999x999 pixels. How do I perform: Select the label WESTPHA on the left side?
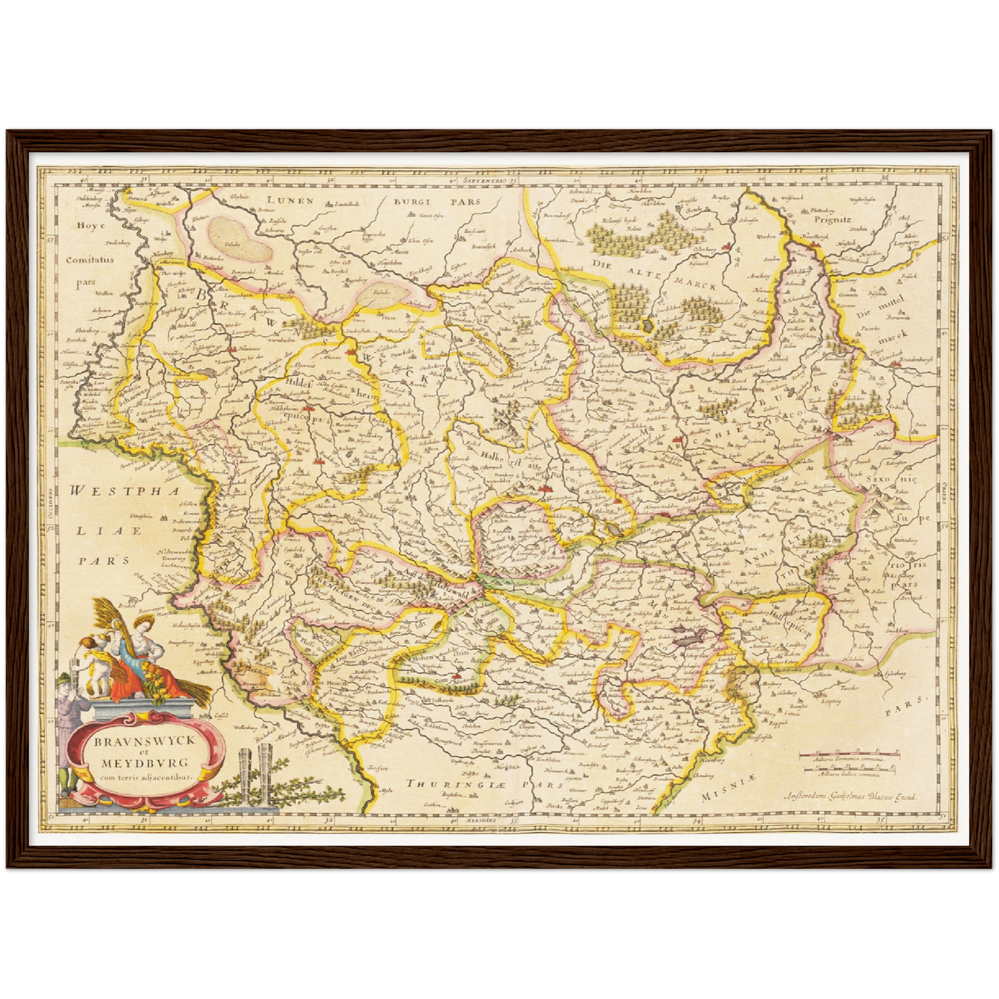113,491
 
